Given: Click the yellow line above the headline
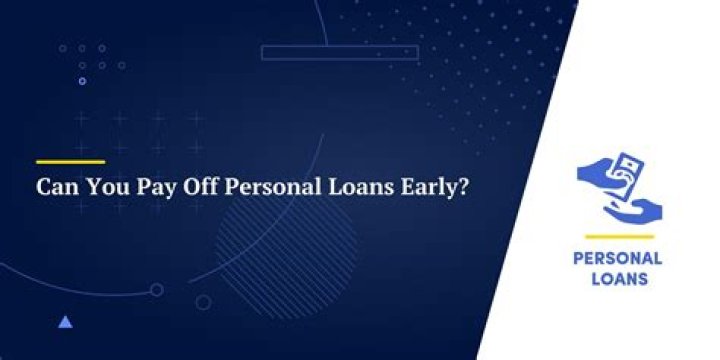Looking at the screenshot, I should tap(70, 161).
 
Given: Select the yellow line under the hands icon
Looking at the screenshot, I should tap(618, 237).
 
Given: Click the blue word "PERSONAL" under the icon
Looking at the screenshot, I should tap(618, 259).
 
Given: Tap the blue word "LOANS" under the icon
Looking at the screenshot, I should tap(618, 280).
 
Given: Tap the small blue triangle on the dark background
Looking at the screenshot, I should tap(65, 322).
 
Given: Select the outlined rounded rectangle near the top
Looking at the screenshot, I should tap(340, 53).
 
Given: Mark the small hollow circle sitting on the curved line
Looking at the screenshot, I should tap(157, 290).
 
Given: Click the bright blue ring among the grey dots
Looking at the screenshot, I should tap(82, 81).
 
